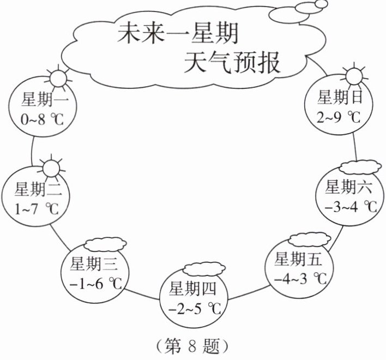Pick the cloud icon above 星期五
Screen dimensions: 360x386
tap(309, 239)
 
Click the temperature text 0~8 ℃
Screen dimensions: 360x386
tap(43, 118)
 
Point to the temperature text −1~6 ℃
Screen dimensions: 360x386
tap(95, 283)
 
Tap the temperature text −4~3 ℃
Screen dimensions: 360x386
tap(300, 279)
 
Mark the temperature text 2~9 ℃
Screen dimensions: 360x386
tap(339, 116)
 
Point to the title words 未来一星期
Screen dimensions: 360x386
tap(178, 35)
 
